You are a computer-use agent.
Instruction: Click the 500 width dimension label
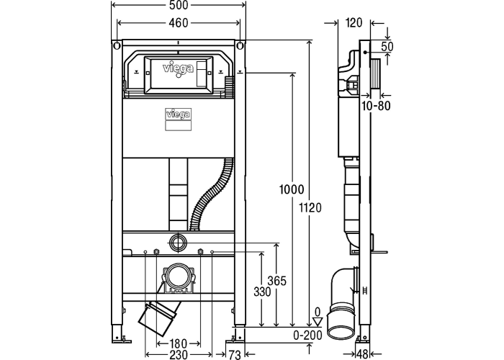[x=179, y=4]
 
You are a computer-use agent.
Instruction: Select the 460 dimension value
[x=179, y=23]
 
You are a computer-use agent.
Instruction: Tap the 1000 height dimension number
[x=292, y=189]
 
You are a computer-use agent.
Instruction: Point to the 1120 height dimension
[x=310, y=208]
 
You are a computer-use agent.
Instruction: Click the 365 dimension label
[x=277, y=281]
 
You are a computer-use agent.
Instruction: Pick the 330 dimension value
[x=262, y=292]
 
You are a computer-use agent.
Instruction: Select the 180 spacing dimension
[x=179, y=343]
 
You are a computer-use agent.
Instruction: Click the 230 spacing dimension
[x=179, y=354]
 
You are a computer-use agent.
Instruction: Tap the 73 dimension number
[x=235, y=355]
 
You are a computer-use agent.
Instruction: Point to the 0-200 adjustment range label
[x=307, y=336]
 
